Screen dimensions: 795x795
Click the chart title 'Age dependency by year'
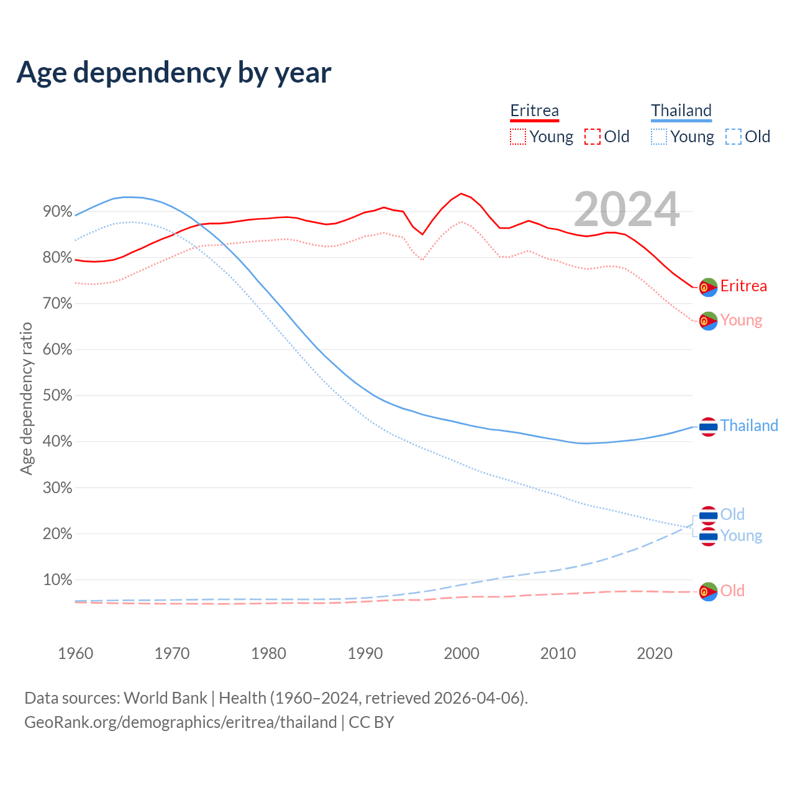pos(174,72)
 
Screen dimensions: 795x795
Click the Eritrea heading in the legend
pos(534,111)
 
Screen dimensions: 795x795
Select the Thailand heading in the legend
pos(681,111)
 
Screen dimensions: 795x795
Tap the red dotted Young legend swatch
pos(517,137)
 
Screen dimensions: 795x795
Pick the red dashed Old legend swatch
pos(592,137)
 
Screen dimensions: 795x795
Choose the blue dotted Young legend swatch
pos(658,137)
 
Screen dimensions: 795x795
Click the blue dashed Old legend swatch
pos(733,137)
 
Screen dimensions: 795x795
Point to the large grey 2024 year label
pos(626,209)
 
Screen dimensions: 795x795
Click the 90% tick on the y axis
pos(58,212)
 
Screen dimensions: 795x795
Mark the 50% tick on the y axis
pos(58,396)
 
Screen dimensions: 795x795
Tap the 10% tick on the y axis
pos(58,580)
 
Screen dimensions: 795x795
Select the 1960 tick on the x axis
pos(75,653)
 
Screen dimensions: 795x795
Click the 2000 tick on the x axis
pos(461,653)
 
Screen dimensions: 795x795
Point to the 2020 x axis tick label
pos(655,653)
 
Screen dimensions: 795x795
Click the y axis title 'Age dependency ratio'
pos(26,398)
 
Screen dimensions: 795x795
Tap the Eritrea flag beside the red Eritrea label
pos(708,287)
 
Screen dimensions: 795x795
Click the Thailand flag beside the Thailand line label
pos(708,427)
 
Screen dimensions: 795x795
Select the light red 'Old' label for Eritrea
pos(732,591)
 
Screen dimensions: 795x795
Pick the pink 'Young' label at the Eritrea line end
pos(741,320)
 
